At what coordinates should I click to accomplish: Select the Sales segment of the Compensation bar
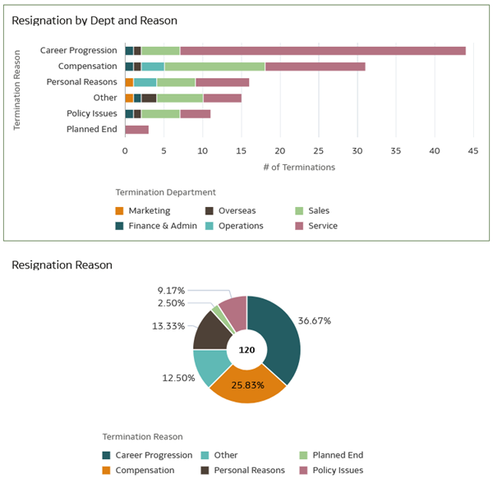click(x=214, y=67)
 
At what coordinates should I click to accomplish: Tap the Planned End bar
click(x=136, y=129)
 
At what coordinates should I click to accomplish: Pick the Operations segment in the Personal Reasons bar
click(x=145, y=82)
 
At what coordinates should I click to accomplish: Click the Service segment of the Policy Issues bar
click(x=195, y=113)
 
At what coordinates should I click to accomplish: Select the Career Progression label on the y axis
click(x=79, y=51)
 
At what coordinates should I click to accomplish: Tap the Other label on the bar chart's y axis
click(x=105, y=98)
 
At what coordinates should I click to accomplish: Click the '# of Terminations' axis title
click(x=298, y=167)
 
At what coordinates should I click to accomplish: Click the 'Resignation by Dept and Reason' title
click(x=94, y=20)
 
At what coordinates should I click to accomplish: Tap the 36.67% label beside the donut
click(x=315, y=320)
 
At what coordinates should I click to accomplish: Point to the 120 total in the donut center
click(x=246, y=350)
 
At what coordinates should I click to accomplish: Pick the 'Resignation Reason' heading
click(x=62, y=265)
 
